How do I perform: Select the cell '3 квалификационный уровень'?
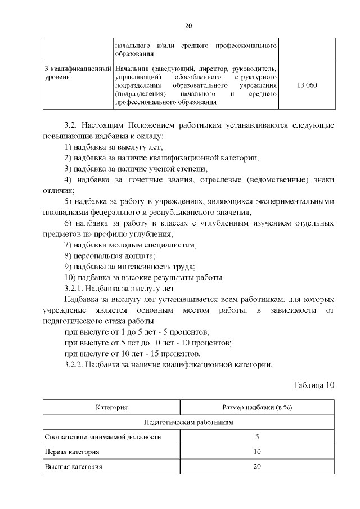tap(76, 72)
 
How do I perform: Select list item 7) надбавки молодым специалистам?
tap(130, 245)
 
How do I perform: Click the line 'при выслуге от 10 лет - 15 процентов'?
tap(132, 354)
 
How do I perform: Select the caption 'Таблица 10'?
tap(314, 385)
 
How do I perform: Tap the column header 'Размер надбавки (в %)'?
tap(256, 407)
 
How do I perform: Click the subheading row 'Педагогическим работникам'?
tap(188, 422)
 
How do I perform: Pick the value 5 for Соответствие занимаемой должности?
tap(257, 436)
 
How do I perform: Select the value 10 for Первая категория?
tap(257, 452)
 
